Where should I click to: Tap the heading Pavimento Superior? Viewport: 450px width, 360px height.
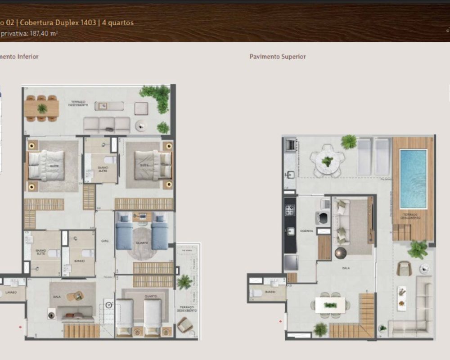coord(278,57)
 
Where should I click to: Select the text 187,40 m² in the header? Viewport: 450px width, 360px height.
coord(44,33)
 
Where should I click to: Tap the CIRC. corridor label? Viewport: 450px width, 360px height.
coord(105,241)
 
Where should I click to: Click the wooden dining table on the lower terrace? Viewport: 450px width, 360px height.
coord(42,108)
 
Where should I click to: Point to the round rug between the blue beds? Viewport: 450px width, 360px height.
coord(142,244)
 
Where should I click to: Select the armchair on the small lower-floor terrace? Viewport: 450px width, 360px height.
coord(184,324)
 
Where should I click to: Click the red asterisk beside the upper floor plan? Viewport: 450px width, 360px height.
coord(281,321)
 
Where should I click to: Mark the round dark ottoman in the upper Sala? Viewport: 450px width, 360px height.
coord(340,252)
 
